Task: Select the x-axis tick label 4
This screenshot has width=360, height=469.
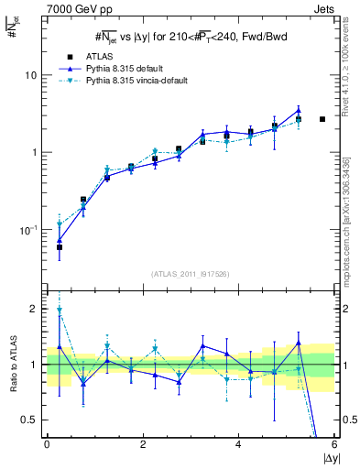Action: (238, 444)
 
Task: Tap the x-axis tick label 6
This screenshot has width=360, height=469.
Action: (334, 444)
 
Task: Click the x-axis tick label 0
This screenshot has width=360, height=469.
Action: (47, 444)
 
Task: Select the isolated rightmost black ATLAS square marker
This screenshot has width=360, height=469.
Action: (322, 119)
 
